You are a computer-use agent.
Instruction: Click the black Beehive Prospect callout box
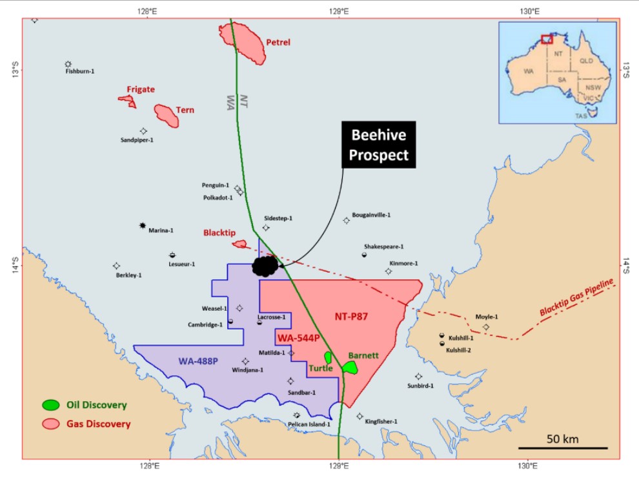[380, 145]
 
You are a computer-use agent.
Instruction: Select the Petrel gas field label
[278, 43]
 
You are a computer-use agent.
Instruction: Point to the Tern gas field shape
[167, 116]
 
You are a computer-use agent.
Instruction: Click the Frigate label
[141, 90]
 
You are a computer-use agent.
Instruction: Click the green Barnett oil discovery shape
[350, 368]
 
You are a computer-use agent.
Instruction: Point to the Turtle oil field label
[320, 368]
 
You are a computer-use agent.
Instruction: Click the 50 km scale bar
[563, 447]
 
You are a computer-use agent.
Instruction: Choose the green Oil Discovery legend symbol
[50, 405]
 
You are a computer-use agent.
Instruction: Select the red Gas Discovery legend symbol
[50, 424]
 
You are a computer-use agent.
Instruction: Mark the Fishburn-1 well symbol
[68, 64]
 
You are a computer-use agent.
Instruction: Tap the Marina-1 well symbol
[143, 225]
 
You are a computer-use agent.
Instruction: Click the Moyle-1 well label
[487, 317]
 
